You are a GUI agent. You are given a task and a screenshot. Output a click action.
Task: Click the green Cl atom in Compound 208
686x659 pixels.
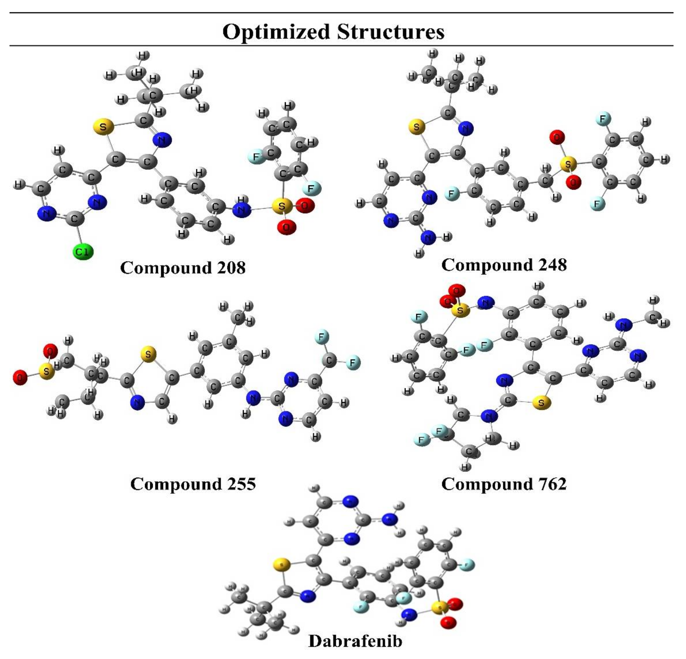[x=83, y=252]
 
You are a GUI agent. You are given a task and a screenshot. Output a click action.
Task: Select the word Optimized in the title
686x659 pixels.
[x=276, y=32]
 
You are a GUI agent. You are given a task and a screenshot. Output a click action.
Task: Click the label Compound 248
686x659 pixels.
[x=504, y=265]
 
